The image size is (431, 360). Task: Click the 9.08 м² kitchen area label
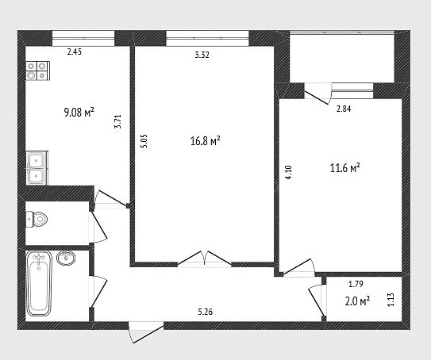coord(79,112)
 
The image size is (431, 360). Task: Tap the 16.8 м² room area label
coord(206,141)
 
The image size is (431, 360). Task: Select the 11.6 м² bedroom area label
coord(345,168)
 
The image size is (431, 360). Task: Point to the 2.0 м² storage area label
coord(357,301)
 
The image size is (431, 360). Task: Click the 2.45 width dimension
coord(75,52)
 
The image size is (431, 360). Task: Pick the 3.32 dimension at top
coord(202,55)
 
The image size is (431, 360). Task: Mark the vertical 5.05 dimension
coord(144,141)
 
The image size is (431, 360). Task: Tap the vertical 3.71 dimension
coord(117,121)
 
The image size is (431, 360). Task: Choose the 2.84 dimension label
coord(344,109)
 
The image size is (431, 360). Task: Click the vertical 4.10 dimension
coord(289,172)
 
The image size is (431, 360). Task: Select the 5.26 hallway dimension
coord(206,312)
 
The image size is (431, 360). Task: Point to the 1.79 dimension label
coord(356,284)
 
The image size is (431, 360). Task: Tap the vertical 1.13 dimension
coord(391,300)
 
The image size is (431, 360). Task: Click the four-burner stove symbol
coord(38,71)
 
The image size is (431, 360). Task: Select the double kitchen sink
coord(37,168)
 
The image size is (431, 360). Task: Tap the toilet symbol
coord(37,219)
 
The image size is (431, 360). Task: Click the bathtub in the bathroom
coord(39,283)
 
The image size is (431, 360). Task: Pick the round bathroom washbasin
coord(66,258)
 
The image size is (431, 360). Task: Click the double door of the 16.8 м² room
coord(204,259)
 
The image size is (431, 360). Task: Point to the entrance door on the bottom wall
coord(146,332)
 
